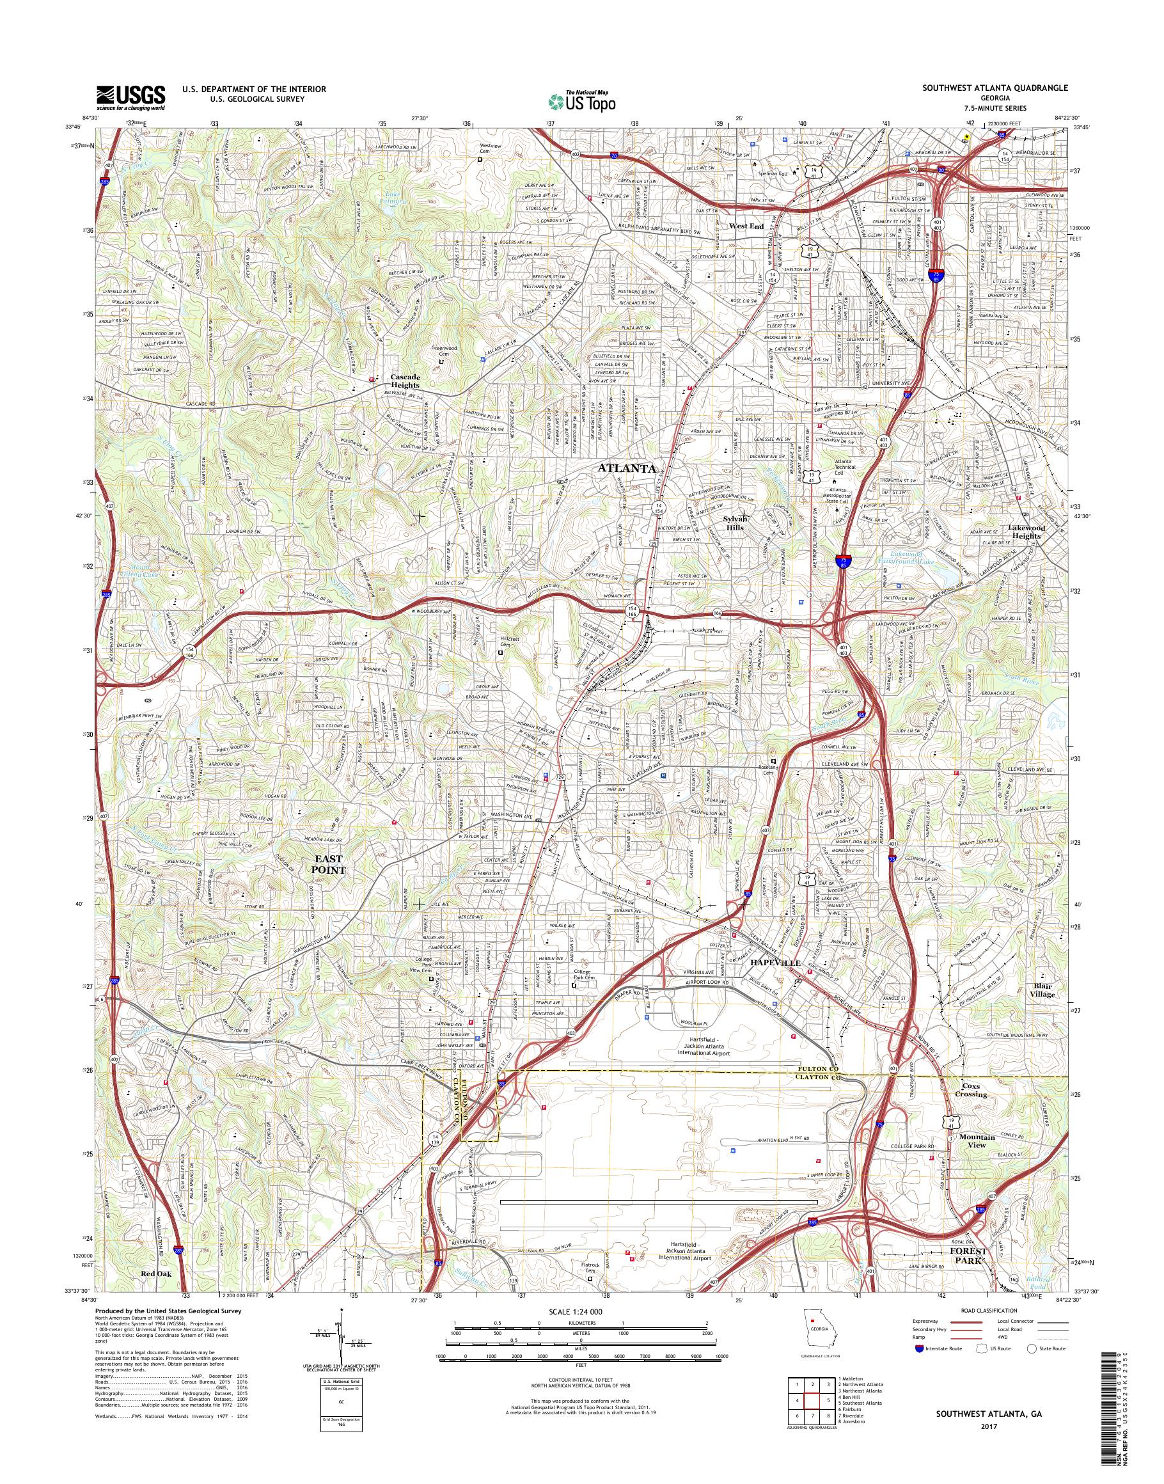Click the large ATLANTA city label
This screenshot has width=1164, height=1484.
(627, 469)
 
